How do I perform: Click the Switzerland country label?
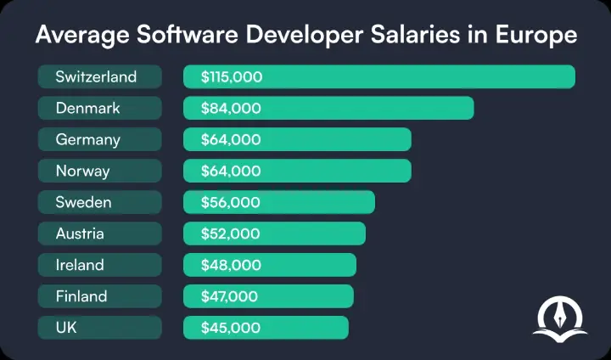[96, 77]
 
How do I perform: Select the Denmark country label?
[87, 109]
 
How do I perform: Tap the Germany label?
[88, 140]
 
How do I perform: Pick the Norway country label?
[83, 172]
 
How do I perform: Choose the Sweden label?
[83, 203]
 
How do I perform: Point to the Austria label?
[80, 233]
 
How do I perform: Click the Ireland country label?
[80, 265]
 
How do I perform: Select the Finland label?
[81, 296]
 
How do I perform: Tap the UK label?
[66, 328]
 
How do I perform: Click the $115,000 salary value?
[232, 77]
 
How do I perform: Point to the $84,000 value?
[231, 109]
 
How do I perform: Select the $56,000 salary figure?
[231, 203]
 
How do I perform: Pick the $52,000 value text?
[231, 233]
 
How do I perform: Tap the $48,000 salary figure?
[231, 265]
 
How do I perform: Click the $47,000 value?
[231, 296]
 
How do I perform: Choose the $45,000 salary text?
[231, 328]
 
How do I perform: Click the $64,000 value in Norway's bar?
[231, 172]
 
